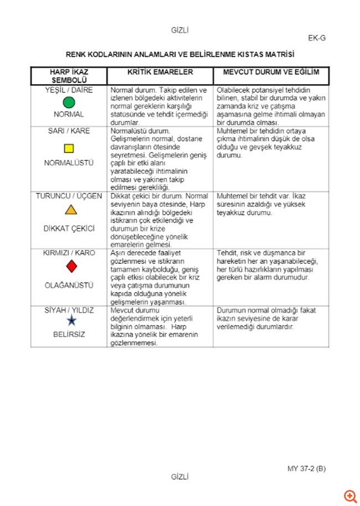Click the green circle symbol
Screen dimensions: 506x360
(x=69, y=103)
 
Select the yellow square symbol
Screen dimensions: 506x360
(x=69, y=148)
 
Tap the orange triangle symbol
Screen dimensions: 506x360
(x=70, y=209)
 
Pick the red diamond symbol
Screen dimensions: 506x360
(x=71, y=267)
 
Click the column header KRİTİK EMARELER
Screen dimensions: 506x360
(x=160, y=72)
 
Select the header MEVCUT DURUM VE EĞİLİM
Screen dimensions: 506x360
(x=271, y=72)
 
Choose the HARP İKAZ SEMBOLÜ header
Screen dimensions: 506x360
(x=69, y=76)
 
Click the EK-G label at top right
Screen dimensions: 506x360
(x=317, y=38)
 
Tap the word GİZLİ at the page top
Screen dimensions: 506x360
(x=180, y=30)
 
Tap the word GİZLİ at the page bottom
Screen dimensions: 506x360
(x=180, y=477)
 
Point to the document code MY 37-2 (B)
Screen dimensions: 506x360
(x=306, y=468)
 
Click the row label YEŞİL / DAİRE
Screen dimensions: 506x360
(x=69, y=90)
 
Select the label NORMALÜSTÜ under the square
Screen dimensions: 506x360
(x=69, y=163)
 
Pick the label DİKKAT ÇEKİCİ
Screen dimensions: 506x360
(x=69, y=228)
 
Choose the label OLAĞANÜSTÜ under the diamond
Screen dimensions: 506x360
(x=69, y=285)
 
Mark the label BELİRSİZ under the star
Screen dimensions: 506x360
(x=69, y=335)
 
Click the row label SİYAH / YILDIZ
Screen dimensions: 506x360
(x=69, y=310)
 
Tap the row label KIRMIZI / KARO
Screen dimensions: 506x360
(x=69, y=253)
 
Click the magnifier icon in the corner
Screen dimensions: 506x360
(x=350, y=495)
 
